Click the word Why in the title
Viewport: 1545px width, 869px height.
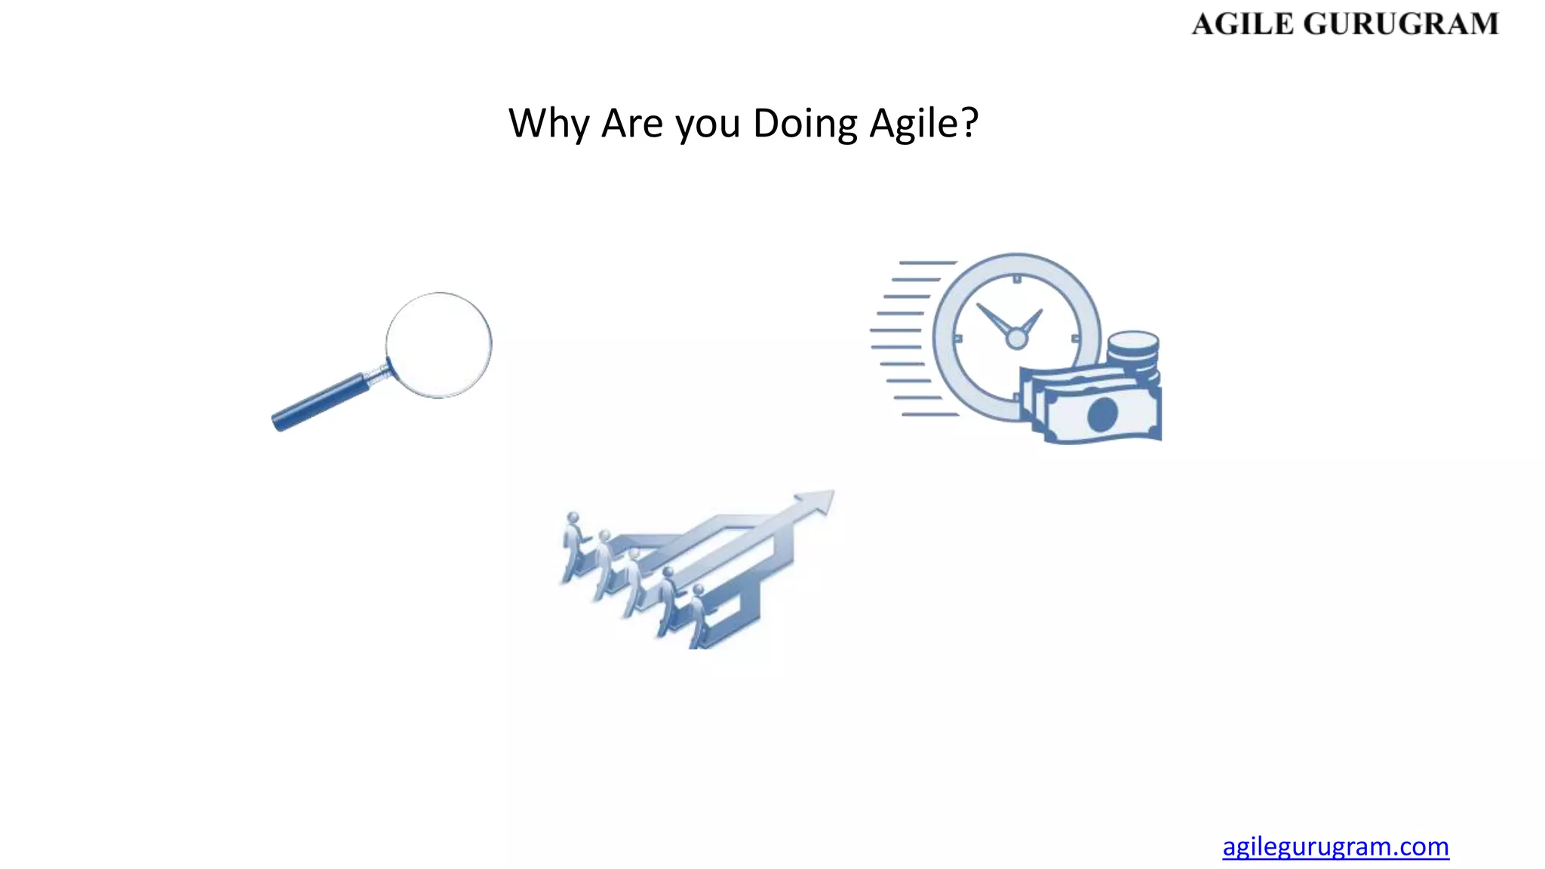(x=548, y=124)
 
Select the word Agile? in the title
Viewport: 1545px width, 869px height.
(x=924, y=124)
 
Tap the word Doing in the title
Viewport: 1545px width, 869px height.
(x=805, y=124)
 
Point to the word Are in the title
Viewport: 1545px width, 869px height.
(x=632, y=124)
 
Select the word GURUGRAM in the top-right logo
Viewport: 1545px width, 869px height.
(x=1401, y=24)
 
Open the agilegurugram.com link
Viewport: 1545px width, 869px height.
(x=1335, y=846)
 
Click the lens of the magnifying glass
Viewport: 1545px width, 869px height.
(x=438, y=345)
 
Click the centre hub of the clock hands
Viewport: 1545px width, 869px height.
(x=1017, y=339)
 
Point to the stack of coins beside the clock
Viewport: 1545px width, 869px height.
(x=1133, y=353)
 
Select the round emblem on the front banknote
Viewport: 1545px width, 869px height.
(x=1102, y=414)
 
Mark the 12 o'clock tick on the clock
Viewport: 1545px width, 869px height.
(x=1017, y=280)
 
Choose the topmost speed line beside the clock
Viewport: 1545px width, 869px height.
(x=928, y=263)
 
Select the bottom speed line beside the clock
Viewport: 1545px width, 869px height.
(x=930, y=414)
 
